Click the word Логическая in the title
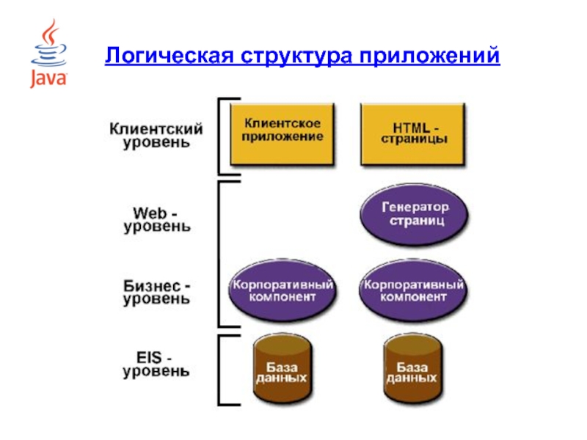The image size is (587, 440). pos(169,56)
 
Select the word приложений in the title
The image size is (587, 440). pos(429,56)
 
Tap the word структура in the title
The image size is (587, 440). pos(296,56)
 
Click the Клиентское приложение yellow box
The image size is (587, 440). pos(282,134)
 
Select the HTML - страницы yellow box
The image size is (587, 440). pos(412,134)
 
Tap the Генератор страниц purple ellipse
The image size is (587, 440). pos(414,214)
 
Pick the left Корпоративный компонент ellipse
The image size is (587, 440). pos(282,290)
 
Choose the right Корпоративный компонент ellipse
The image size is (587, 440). pos(413,290)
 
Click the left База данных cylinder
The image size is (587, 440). pos(282,369)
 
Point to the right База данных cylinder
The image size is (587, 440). pos(413,369)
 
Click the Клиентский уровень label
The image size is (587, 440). pos(156,136)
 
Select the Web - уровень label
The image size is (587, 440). pos(157,220)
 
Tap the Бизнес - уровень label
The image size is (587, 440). pos(157,293)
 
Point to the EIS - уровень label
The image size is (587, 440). pos(156,364)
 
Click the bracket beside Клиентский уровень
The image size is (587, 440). pos(219,136)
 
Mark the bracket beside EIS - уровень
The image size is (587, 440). pos(219,370)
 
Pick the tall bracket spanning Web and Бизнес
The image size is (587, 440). pos(219,254)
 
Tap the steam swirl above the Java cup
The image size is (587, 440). pos(51,32)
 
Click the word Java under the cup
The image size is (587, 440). pos(48,78)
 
